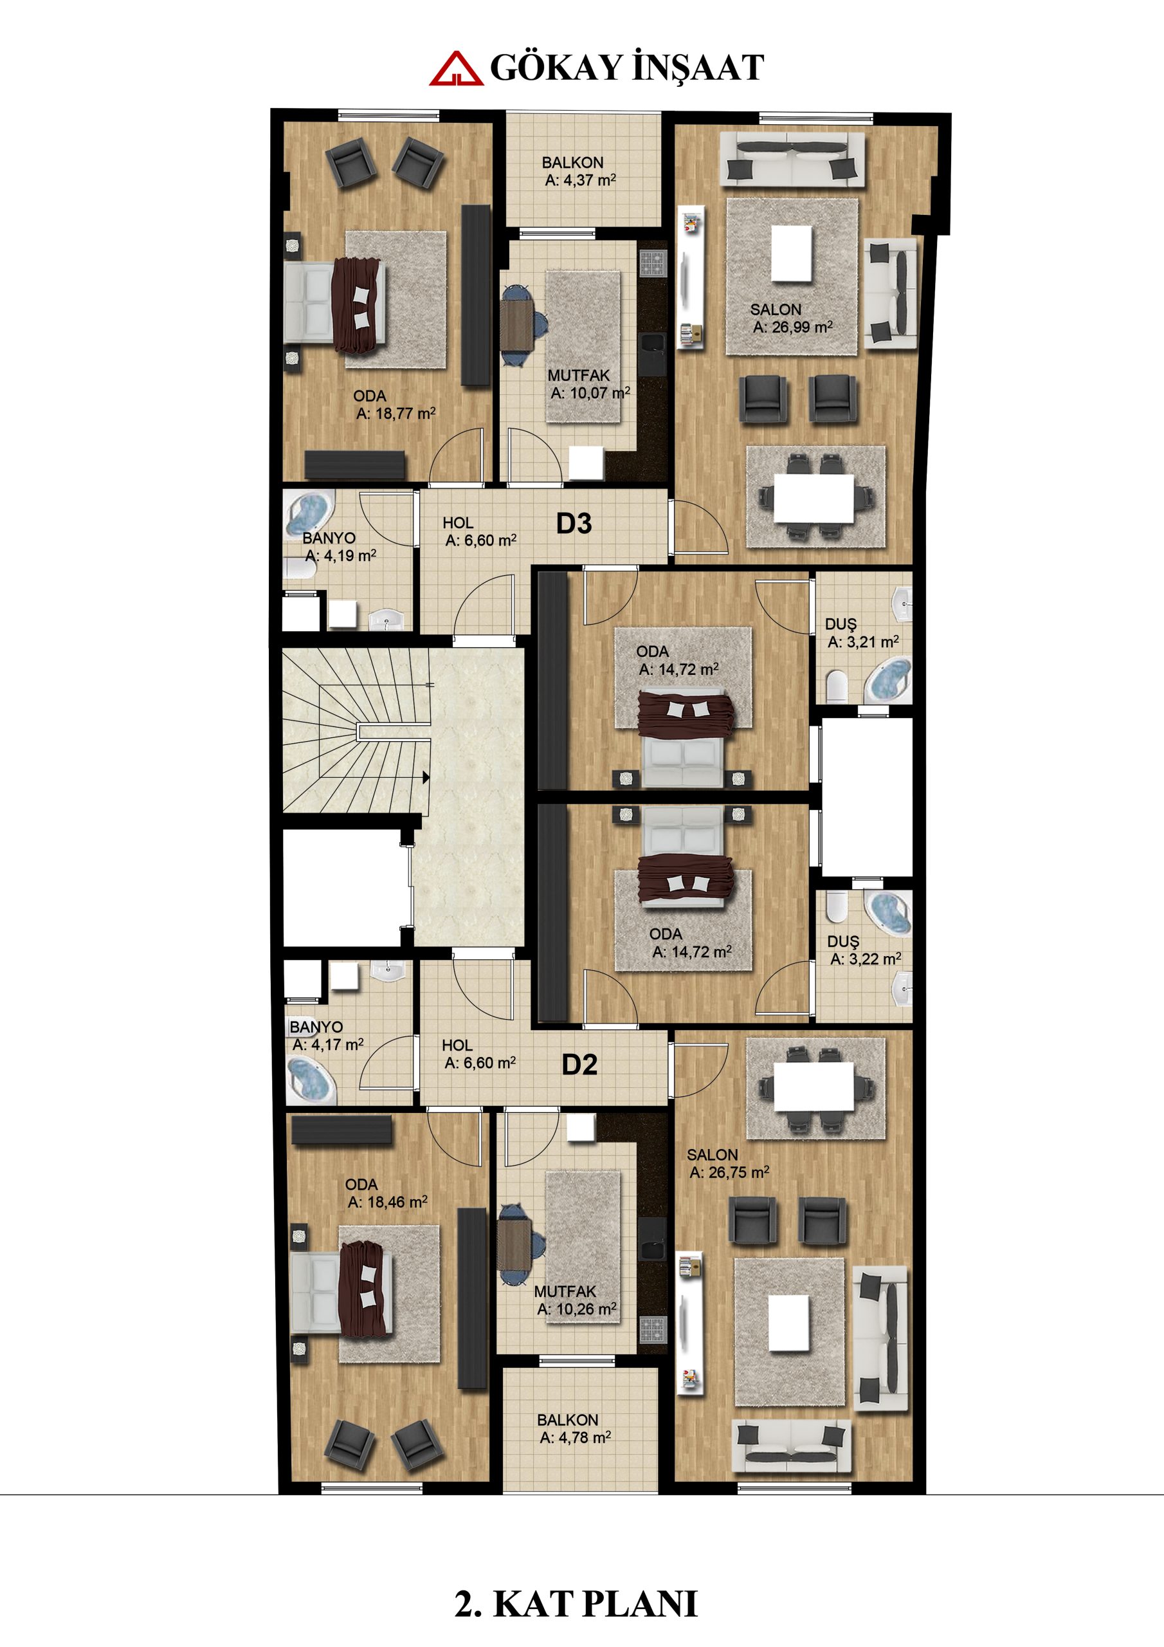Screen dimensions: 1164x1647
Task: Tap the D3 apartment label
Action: (574, 524)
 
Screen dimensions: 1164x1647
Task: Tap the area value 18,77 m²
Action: (396, 414)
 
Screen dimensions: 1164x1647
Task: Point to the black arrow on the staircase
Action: (425, 777)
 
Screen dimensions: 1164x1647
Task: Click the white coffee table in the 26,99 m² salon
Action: (792, 254)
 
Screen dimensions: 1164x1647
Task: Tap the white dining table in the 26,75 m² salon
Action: (813, 1086)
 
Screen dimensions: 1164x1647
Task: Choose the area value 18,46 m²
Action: (388, 1202)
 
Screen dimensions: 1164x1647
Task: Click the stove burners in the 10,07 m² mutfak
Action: (654, 263)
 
